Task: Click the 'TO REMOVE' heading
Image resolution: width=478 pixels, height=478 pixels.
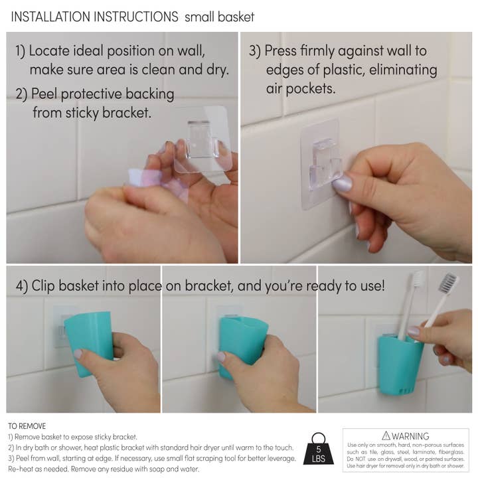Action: tap(27, 426)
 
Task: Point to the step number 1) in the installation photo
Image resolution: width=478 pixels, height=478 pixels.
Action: tap(21, 51)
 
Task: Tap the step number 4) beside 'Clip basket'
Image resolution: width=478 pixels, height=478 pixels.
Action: tap(22, 285)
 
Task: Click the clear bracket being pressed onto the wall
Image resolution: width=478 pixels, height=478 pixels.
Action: tap(320, 163)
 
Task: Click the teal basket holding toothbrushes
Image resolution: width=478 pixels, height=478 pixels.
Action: tap(400, 366)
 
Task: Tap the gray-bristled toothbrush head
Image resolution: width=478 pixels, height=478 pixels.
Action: tap(449, 283)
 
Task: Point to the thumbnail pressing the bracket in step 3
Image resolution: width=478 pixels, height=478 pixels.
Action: tap(343, 185)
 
